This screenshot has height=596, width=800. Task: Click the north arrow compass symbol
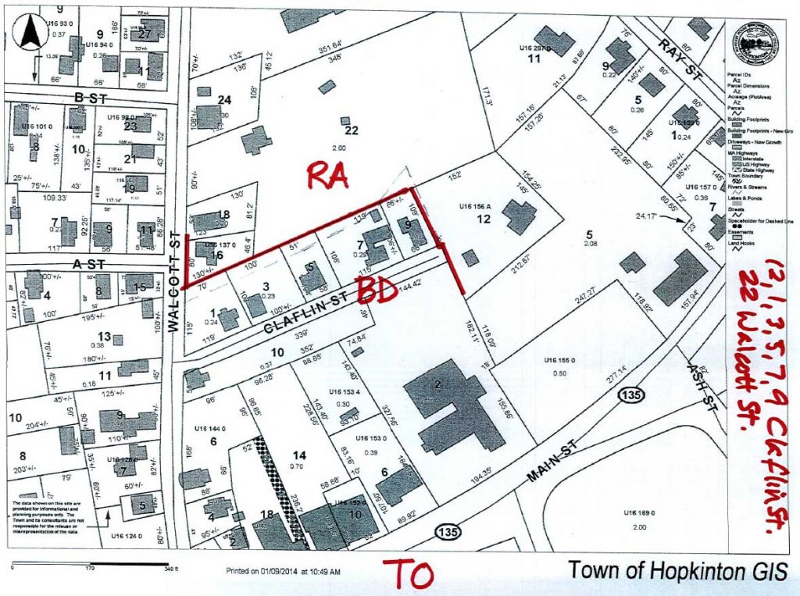pos(32,34)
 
